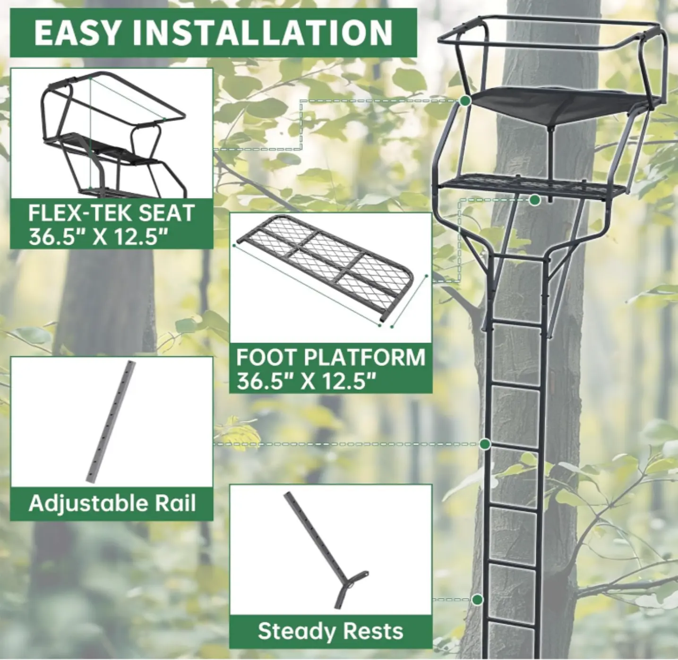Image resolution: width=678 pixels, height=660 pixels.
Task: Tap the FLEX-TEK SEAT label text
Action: pyautogui.click(x=111, y=213)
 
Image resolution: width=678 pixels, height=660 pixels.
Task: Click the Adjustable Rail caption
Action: pyautogui.click(x=112, y=504)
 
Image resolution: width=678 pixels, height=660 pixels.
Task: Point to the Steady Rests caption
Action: pyautogui.click(x=330, y=632)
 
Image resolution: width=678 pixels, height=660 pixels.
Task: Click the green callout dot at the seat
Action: pyautogui.click(x=465, y=101)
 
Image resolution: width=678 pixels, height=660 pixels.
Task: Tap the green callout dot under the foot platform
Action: pyautogui.click(x=535, y=200)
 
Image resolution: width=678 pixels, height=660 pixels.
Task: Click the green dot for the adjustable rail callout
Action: pyautogui.click(x=485, y=444)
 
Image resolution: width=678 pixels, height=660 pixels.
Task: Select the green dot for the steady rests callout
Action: pyautogui.click(x=478, y=600)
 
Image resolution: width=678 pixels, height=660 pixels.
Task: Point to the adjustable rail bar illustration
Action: pyautogui.click(x=111, y=421)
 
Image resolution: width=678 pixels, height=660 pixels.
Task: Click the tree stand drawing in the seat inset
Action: pyautogui.click(x=115, y=134)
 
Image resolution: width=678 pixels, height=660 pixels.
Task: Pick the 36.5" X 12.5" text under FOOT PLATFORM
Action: pyautogui.click(x=307, y=382)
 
